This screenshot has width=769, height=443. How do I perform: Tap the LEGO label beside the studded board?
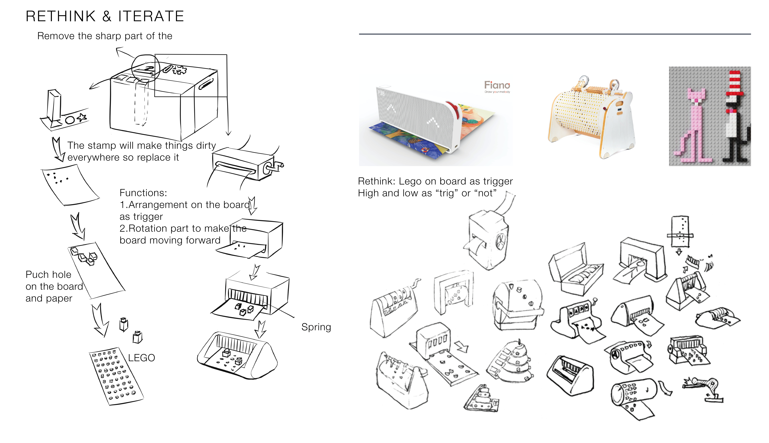tap(141, 358)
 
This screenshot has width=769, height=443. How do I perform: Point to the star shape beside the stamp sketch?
tap(81, 117)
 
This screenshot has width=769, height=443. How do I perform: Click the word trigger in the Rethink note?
tap(495, 181)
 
